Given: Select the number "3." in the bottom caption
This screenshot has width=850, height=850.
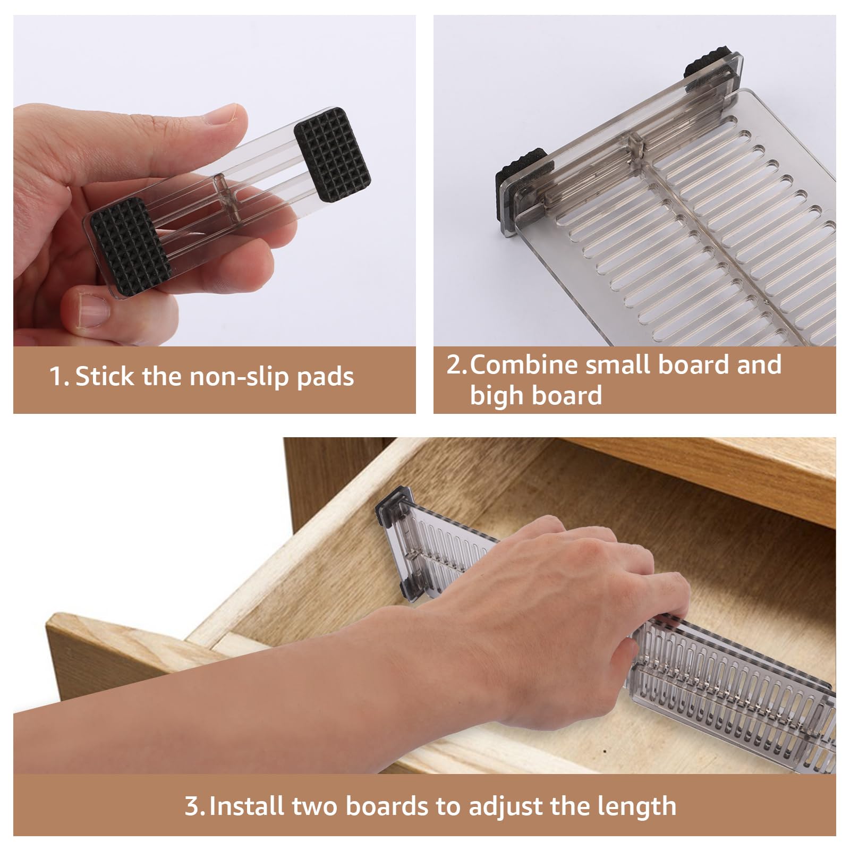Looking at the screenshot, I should tap(194, 806).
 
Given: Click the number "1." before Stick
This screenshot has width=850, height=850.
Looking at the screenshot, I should tap(58, 377).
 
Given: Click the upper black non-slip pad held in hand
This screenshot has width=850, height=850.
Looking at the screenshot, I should tap(333, 155).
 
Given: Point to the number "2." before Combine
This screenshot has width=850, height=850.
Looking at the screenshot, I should tap(457, 365).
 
